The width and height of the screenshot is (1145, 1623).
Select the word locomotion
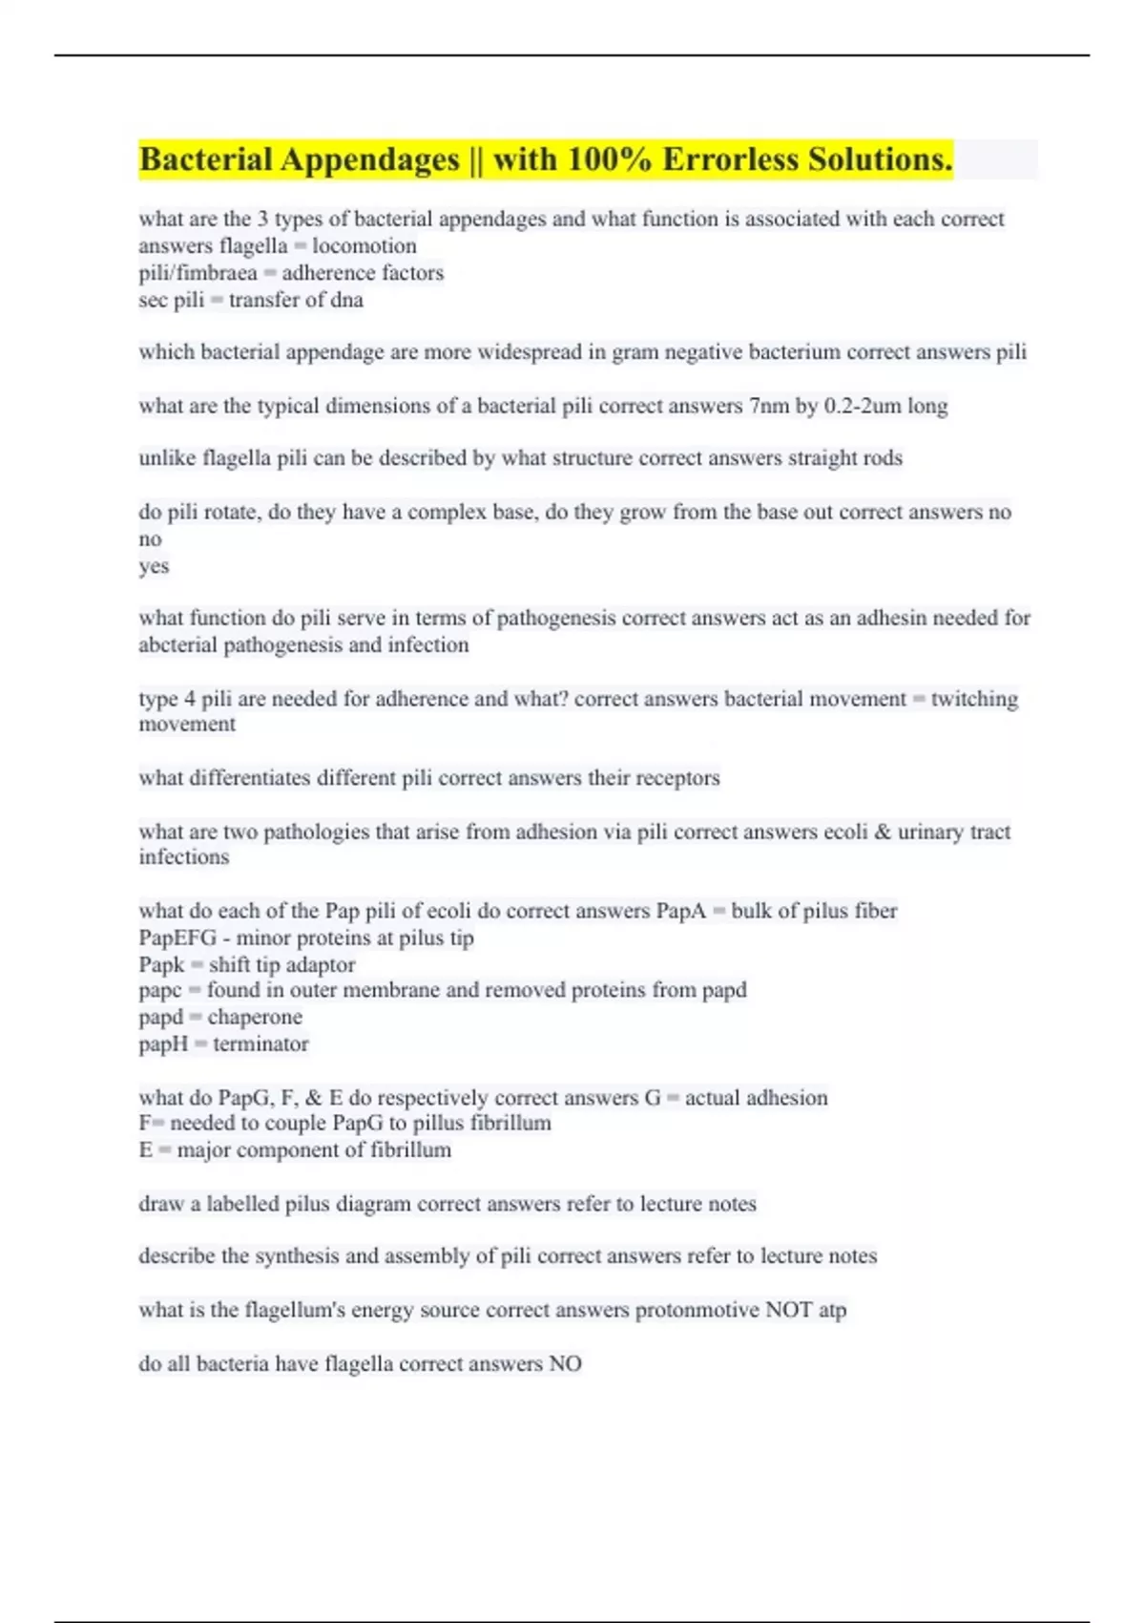(364, 246)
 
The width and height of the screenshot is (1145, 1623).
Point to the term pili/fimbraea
(198, 273)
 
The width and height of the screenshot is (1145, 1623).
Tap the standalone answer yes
(154, 566)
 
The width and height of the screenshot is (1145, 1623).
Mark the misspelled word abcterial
(177, 645)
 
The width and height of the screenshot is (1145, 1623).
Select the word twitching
(974, 699)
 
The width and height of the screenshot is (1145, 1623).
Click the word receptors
(677, 778)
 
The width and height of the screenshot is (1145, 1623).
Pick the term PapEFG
(177, 938)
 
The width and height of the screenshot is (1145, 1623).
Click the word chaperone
(255, 1017)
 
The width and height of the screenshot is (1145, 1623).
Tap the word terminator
(260, 1044)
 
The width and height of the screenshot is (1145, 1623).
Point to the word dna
(346, 301)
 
